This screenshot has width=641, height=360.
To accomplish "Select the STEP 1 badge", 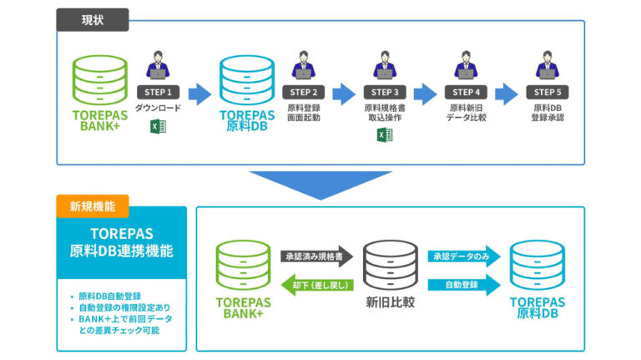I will tap(159, 92).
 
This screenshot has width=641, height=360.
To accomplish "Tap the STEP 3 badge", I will tap(384, 92).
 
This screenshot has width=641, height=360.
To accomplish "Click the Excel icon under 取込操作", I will tap(384, 135).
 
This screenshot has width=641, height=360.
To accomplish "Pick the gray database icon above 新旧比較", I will tap(391, 265).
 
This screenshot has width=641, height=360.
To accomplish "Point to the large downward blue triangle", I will tap(320, 181).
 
